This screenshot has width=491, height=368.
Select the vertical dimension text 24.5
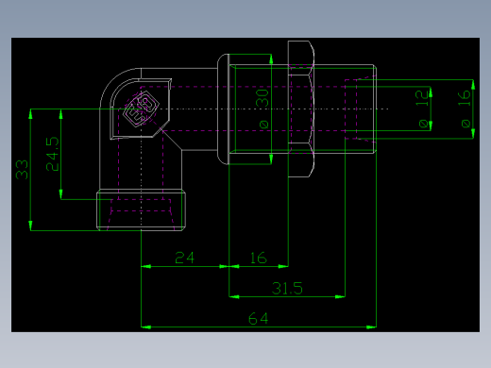pyautogui.click(x=53, y=154)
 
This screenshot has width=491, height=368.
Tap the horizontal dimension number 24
pyautogui.click(x=184, y=258)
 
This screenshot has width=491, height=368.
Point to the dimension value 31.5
pyautogui.click(x=287, y=288)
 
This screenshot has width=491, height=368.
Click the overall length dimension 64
pyautogui.click(x=259, y=319)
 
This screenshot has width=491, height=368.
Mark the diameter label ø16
pyautogui.click(x=463, y=110)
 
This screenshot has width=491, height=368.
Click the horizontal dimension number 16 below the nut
pyautogui.click(x=257, y=258)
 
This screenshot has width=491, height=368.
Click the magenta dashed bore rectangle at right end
pyautogui.click(x=360, y=110)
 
